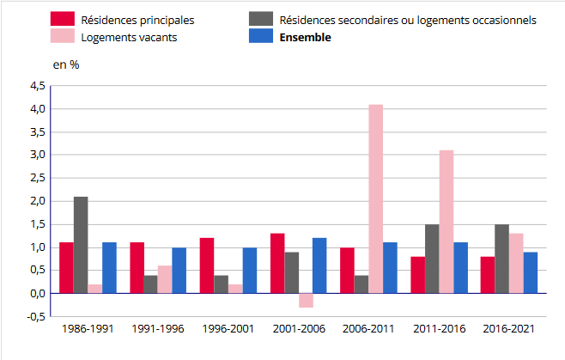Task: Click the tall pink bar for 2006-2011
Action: pos(375,198)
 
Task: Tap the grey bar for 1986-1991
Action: pos(81,245)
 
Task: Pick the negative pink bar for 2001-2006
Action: pos(306,300)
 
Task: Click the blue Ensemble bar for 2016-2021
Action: pos(530,272)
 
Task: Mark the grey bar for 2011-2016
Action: pos(432,259)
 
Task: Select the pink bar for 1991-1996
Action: pos(165,279)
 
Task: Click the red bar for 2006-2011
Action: pos(347,270)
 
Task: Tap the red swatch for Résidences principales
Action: pos(62,19)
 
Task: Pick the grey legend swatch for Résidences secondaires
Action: pos(261,19)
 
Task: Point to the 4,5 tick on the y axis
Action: pos(37,86)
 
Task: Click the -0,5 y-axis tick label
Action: pos(36,316)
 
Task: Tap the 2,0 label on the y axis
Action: pos(37,201)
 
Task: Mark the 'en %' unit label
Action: pos(66,65)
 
